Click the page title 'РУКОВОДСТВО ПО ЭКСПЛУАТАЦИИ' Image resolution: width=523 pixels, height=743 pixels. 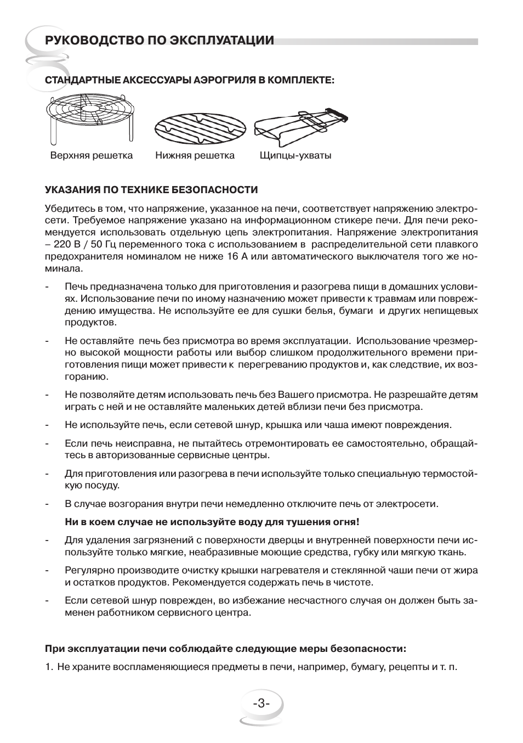(x=159, y=41)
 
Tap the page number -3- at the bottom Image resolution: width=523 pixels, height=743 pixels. (x=261, y=703)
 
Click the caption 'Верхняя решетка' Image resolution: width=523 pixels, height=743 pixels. (x=92, y=155)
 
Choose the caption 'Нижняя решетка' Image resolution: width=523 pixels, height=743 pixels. (x=195, y=155)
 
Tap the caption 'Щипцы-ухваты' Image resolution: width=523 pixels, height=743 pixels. (x=295, y=155)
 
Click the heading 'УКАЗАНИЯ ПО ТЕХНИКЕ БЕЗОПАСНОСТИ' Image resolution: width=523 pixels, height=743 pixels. (x=151, y=190)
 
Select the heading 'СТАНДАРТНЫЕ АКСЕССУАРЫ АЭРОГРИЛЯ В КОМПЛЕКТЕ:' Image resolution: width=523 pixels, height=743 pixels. (x=190, y=80)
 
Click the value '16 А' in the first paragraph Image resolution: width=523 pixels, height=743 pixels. (x=236, y=256)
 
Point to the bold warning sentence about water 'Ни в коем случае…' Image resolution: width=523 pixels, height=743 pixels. (x=212, y=521)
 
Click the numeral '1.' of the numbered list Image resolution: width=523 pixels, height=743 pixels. (x=49, y=667)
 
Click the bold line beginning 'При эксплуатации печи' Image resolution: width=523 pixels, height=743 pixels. (x=225, y=649)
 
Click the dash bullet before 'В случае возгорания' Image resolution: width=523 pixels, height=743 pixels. (x=48, y=504)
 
